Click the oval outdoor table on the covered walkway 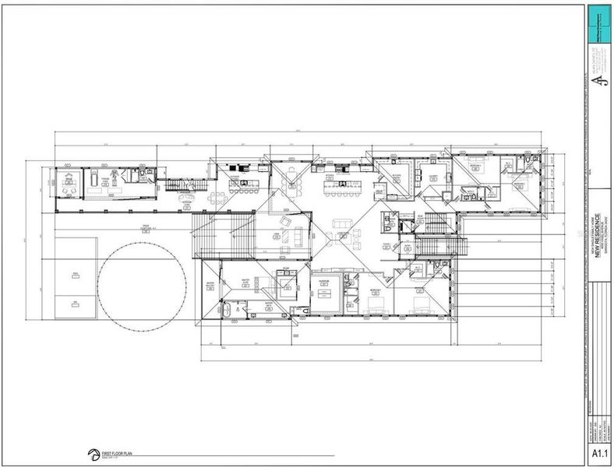click(187, 199)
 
